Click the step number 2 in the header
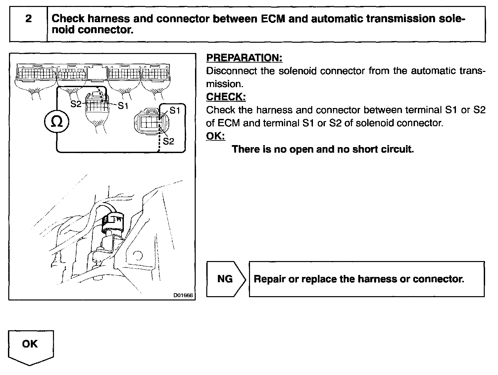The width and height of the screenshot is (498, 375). tap(28, 19)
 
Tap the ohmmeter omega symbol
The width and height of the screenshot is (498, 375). tap(57, 123)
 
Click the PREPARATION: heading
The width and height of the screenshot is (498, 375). tap(244, 58)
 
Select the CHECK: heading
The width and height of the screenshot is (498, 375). tap(226, 97)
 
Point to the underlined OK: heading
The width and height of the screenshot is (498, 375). tap(215, 136)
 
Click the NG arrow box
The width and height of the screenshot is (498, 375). tap(225, 279)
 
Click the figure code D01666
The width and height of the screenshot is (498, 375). tap(183, 295)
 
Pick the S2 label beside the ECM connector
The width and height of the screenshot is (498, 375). tap(76, 104)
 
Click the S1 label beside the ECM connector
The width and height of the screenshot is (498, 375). tap(123, 106)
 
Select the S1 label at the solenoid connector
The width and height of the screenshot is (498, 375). tap(174, 111)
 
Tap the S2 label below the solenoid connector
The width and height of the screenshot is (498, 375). tap(168, 141)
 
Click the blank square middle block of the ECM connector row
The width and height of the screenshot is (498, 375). tap(97, 72)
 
